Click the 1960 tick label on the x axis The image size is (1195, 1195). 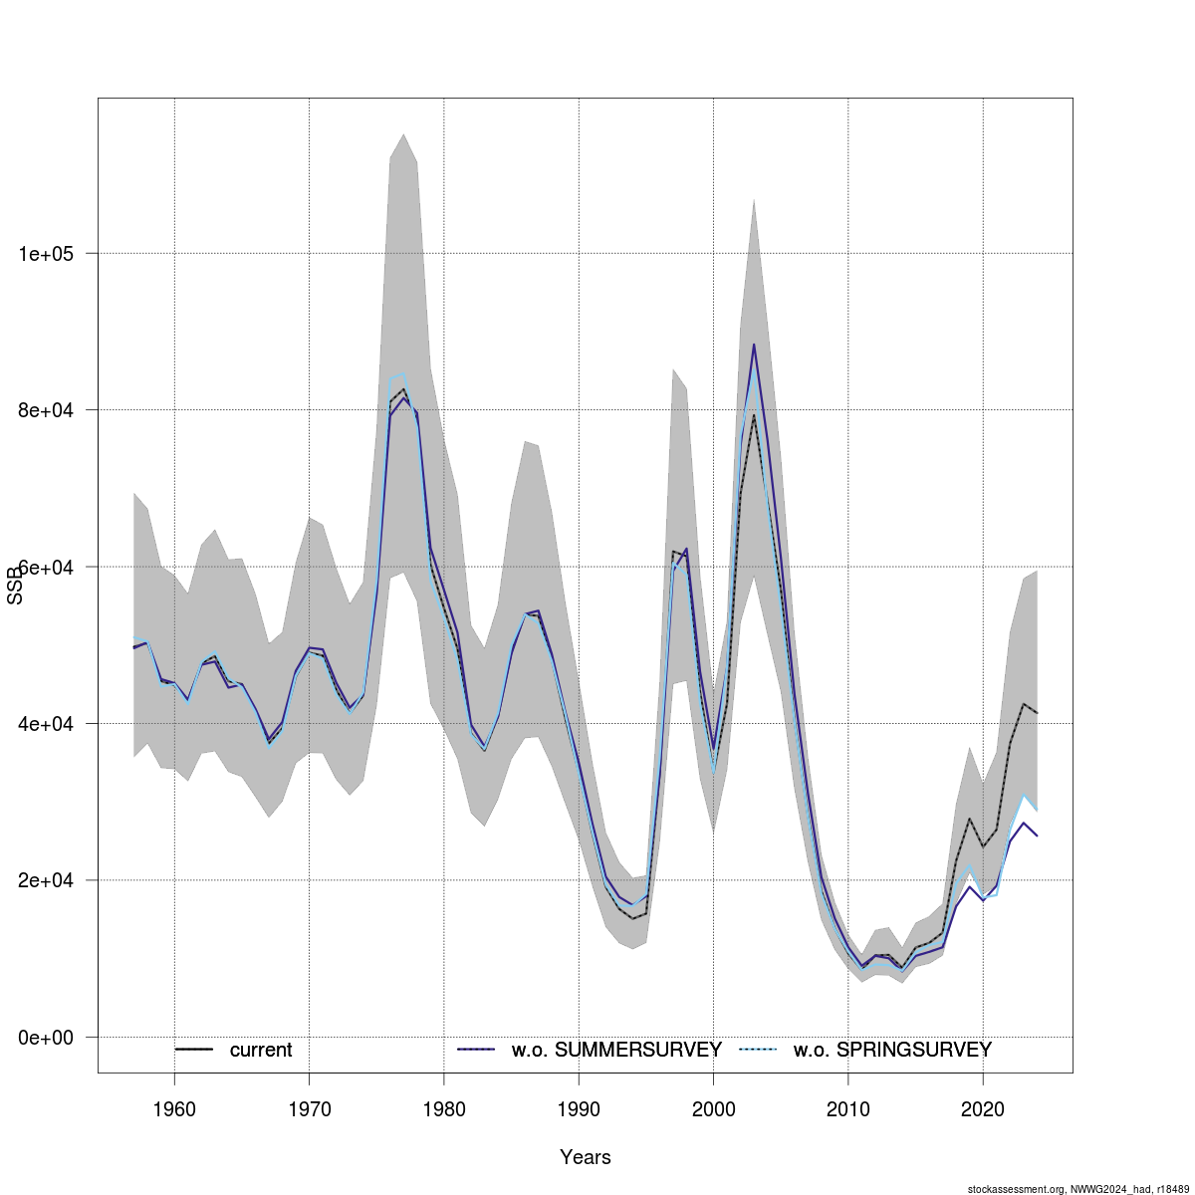tap(174, 1108)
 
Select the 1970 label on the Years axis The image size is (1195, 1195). tap(309, 1108)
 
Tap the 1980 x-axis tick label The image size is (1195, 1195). tap(444, 1108)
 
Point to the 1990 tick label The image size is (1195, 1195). tap(579, 1108)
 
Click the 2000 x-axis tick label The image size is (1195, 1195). tap(713, 1108)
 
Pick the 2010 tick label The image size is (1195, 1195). tap(848, 1108)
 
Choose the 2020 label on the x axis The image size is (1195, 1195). tap(983, 1108)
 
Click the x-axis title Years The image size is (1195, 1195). tap(586, 1157)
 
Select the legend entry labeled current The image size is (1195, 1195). tap(261, 1050)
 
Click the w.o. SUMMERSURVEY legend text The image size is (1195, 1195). tap(616, 1050)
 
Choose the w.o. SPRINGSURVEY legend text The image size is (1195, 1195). tap(892, 1050)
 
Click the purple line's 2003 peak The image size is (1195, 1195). tap(754, 345)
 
